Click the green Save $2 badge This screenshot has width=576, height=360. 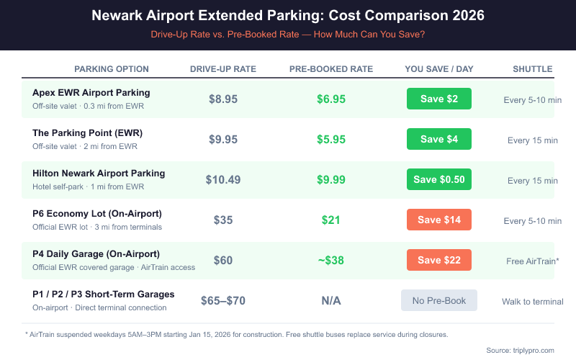pyautogui.click(x=438, y=99)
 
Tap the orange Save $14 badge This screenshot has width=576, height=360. pyautogui.click(x=438, y=220)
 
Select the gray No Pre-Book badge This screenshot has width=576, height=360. pyautogui.click(x=438, y=300)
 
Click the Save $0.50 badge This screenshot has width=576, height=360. pyautogui.click(x=438, y=179)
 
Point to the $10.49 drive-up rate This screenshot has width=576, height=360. pyautogui.click(x=222, y=179)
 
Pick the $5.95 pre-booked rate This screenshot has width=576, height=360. pyautogui.click(x=330, y=139)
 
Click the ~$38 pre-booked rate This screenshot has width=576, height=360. pyautogui.click(x=330, y=260)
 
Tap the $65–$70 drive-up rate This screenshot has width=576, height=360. pyautogui.click(x=222, y=300)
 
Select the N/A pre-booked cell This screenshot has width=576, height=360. pyautogui.click(x=330, y=300)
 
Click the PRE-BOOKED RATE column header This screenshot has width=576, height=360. pyautogui.click(x=330, y=69)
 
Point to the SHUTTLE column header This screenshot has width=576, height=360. pyautogui.click(x=532, y=69)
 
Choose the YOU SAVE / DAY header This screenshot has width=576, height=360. pyautogui.click(x=438, y=69)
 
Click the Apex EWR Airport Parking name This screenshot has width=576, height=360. pyautogui.click(x=91, y=92)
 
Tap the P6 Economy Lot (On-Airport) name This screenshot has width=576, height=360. pyautogui.click(x=96, y=213)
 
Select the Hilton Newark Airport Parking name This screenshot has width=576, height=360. pyautogui.click(x=99, y=173)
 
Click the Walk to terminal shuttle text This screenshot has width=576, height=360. pyautogui.click(x=532, y=301)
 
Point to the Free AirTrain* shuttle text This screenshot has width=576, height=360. pyautogui.click(x=532, y=261)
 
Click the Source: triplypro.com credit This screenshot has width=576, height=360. pyautogui.click(x=520, y=350)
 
